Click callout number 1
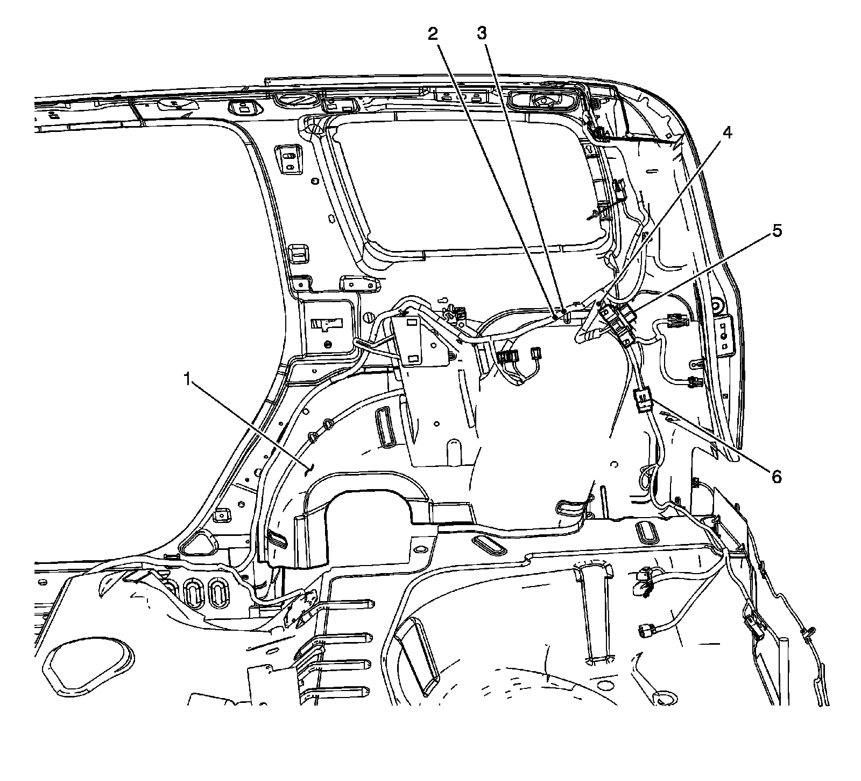click(x=187, y=380)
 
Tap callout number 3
click(x=482, y=34)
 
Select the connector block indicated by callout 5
click(x=619, y=323)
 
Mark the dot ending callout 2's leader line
click(x=555, y=318)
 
